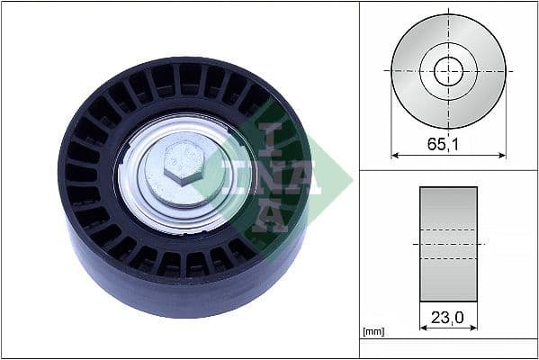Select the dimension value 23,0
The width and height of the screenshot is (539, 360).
coord(448,317)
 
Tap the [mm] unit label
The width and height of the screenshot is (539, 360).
coord(373,332)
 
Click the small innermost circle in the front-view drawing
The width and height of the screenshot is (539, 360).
coord(448,71)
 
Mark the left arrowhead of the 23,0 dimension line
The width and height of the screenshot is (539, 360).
coord(423,328)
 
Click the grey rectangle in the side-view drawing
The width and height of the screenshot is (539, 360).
coord(448,207)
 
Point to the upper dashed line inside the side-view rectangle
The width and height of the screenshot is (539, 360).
coord(448,229)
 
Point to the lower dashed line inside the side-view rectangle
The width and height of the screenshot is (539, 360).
coord(448,259)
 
